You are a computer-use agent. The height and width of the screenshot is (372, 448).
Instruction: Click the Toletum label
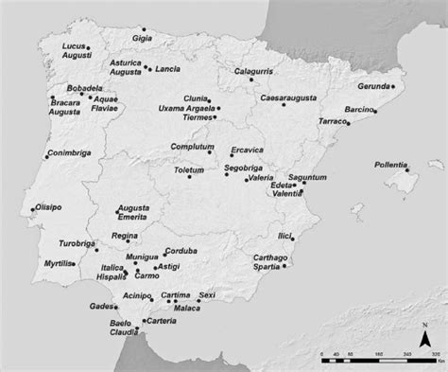pyautogui.click(x=189, y=168)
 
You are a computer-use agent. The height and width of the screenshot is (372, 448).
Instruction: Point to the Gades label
pyautogui.click(x=101, y=307)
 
